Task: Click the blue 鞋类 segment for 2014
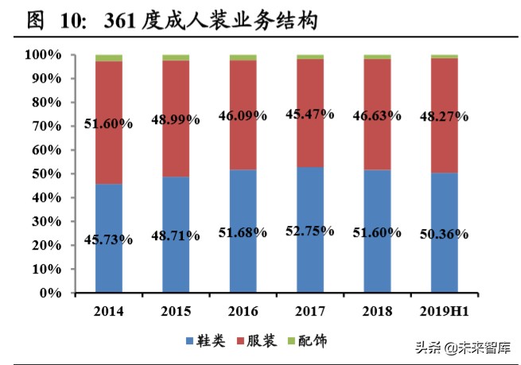tap(109, 262)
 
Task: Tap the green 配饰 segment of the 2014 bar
tap(109, 58)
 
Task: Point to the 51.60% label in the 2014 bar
tap(108, 124)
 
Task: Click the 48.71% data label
tap(175, 236)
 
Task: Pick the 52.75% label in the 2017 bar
tap(310, 232)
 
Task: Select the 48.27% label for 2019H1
tap(445, 120)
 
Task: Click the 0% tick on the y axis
tap(49, 293)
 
